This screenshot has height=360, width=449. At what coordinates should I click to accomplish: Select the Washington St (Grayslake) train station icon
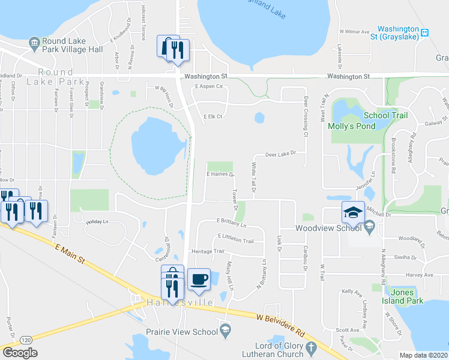(x=424, y=32)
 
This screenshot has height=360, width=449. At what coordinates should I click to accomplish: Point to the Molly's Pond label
(x=351, y=126)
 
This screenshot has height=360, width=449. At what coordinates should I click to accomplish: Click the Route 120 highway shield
(x=25, y=340)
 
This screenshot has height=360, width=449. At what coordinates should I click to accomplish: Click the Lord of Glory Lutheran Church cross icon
(x=311, y=347)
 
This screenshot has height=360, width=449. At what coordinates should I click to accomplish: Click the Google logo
(x=20, y=352)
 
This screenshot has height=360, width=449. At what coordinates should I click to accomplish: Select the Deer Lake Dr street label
(x=282, y=154)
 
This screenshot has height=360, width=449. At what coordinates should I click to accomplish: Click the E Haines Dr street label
(x=220, y=175)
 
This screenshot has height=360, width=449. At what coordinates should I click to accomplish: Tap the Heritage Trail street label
(x=206, y=251)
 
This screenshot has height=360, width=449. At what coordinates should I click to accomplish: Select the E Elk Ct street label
(x=212, y=116)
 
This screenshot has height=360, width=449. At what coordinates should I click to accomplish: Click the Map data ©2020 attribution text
(x=424, y=355)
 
